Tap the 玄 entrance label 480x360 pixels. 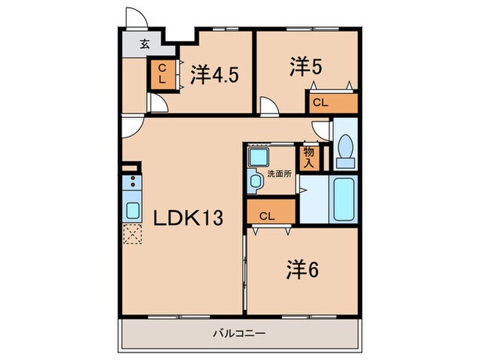145,45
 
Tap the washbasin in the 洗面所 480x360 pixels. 256,182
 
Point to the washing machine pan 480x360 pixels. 259,157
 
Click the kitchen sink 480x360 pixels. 131,208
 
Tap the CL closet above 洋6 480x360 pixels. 272,215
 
